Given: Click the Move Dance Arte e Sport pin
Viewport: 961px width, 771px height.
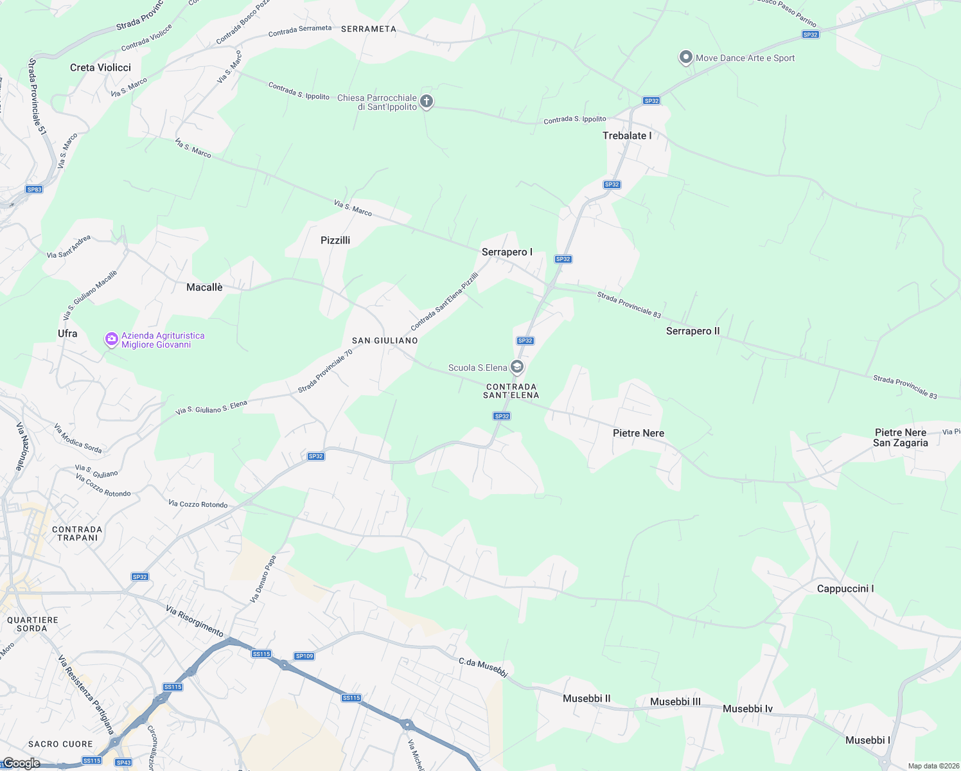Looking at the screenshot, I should click(x=685, y=58).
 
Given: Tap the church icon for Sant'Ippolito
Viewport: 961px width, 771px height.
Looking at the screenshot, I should click(x=427, y=102).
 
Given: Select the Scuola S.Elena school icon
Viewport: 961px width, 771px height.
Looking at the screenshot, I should click(x=517, y=368).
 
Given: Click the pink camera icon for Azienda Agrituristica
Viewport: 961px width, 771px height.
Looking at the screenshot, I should click(x=112, y=339).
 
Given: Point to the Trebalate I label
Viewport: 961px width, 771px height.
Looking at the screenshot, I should click(x=627, y=136).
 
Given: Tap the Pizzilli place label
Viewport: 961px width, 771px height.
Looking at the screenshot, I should click(x=335, y=240).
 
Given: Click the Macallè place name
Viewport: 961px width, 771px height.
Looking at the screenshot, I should click(x=204, y=287).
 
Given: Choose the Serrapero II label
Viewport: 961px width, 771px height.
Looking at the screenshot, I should click(x=692, y=331).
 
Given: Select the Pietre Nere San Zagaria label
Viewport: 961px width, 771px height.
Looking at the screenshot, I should click(x=900, y=438).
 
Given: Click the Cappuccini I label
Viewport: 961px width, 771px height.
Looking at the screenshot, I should click(x=845, y=589).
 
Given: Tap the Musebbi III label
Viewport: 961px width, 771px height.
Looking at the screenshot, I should click(x=675, y=702).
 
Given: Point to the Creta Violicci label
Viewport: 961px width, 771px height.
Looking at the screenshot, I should click(x=100, y=67).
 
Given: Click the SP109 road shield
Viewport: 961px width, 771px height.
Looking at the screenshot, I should click(x=304, y=656).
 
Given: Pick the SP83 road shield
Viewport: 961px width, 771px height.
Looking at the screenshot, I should click(x=34, y=190).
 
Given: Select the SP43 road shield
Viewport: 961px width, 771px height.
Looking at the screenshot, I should click(x=123, y=763).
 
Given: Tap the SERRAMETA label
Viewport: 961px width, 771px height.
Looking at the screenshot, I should click(x=369, y=29).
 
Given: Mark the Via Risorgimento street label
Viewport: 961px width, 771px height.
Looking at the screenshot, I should click(x=195, y=621).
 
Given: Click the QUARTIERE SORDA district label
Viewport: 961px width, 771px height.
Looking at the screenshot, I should click(x=32, y=624).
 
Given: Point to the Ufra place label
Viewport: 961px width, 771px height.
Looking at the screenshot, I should click(x=67, y=333).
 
